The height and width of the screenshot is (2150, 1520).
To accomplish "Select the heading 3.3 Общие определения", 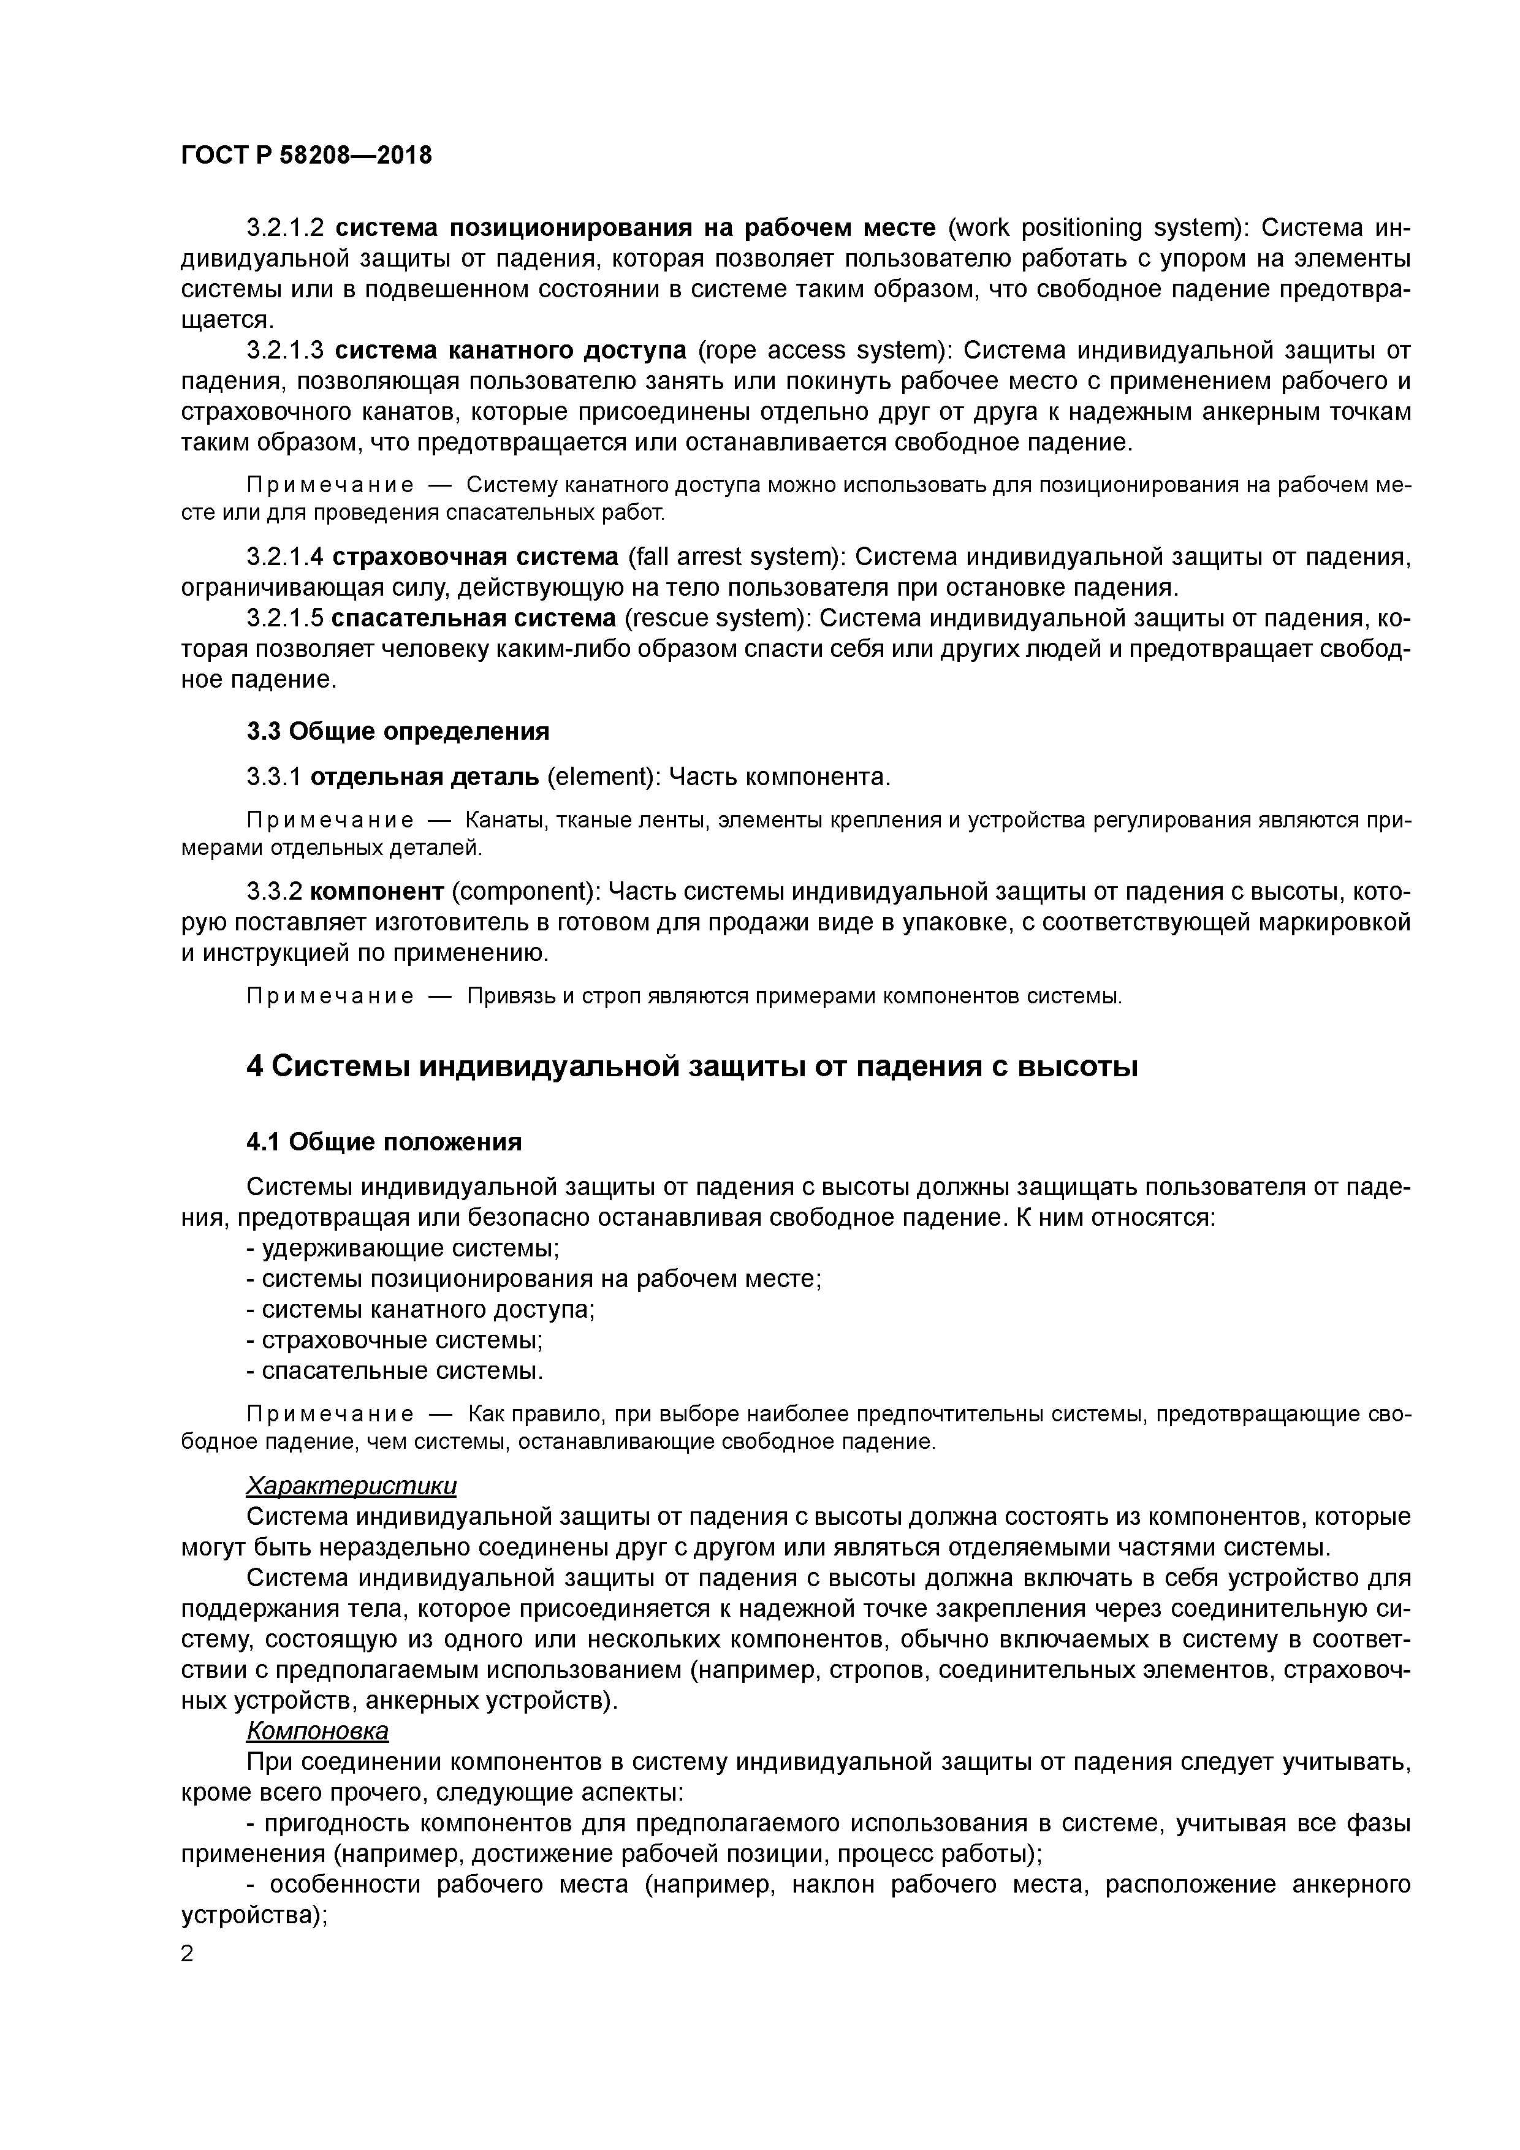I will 398,731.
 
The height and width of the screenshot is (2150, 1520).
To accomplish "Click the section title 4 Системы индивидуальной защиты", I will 692,1066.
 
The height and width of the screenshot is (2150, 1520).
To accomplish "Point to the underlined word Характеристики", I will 351,1486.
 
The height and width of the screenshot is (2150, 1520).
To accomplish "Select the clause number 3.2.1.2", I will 285,227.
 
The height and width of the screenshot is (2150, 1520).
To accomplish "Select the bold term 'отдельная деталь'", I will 424,777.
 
